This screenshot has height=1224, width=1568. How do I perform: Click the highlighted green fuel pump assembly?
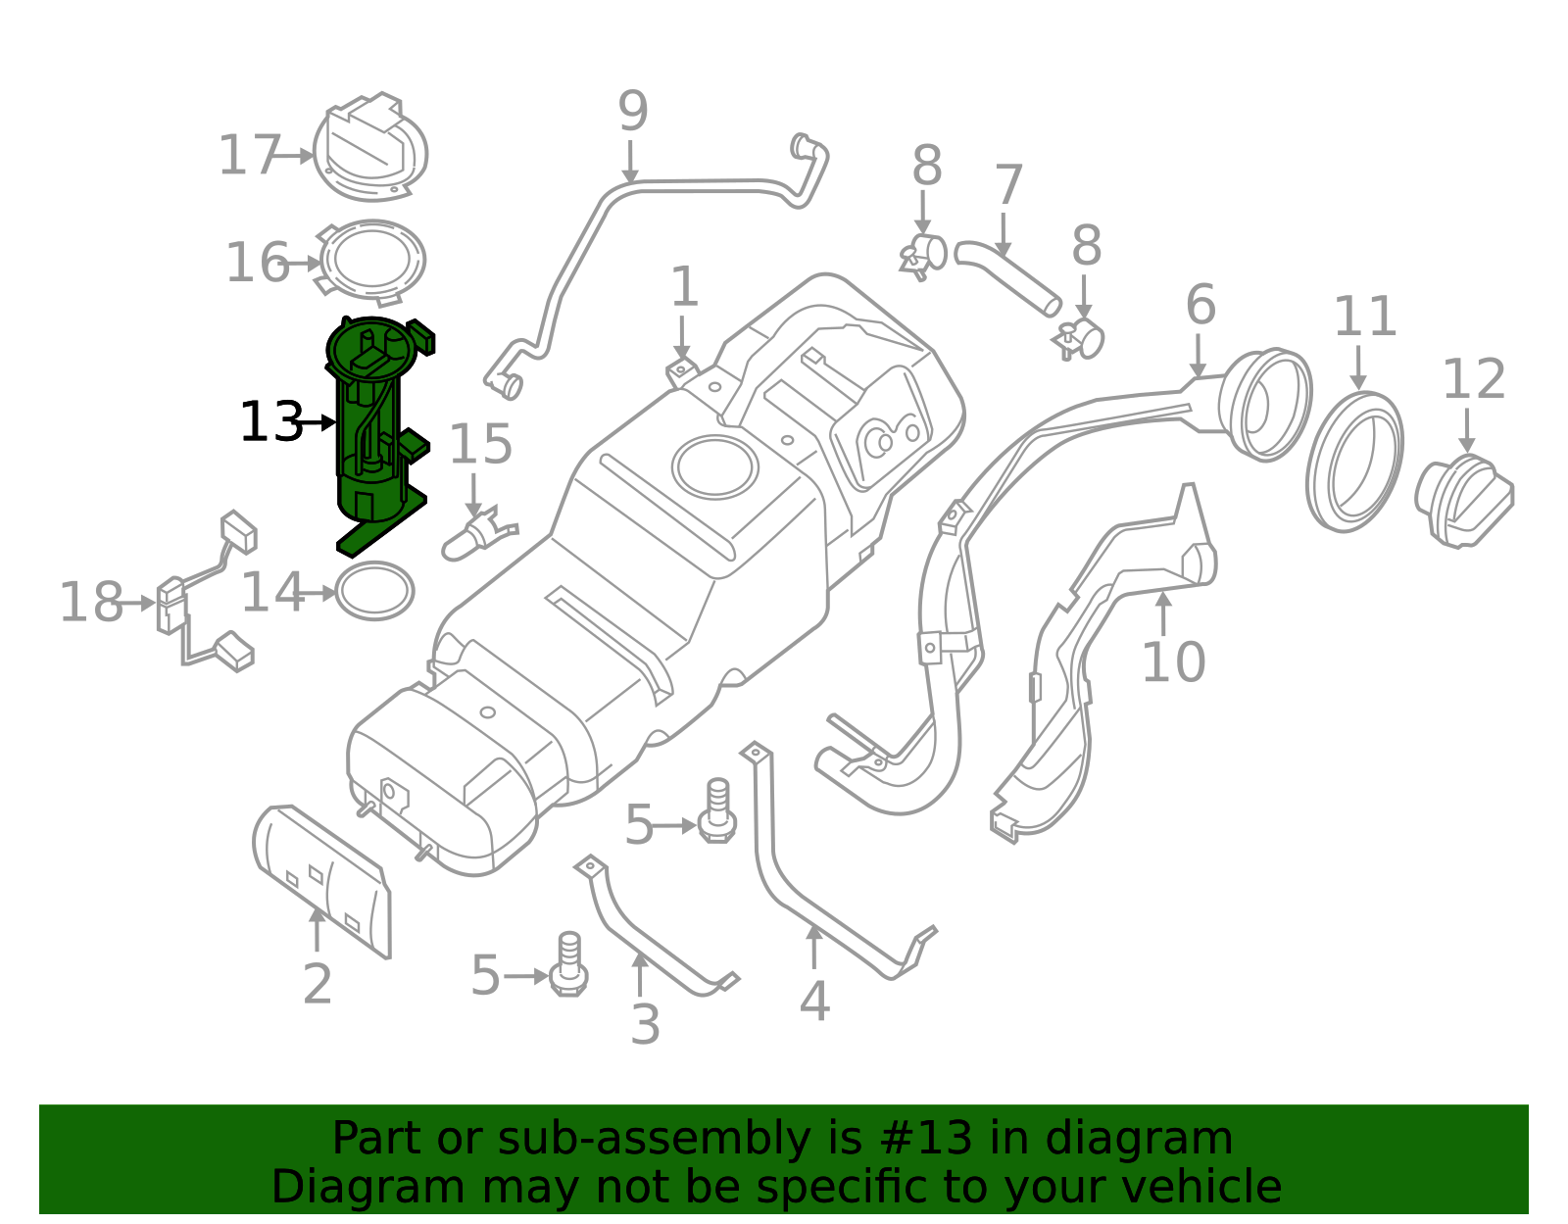(370, 431)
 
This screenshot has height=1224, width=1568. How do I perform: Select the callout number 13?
(270, 423)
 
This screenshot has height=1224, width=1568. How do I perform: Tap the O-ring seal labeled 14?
(374, 591)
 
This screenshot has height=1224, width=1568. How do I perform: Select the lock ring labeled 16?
(372, 260)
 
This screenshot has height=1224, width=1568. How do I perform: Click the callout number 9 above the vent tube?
(632, 112)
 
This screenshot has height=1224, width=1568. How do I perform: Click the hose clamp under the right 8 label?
(1080, 339)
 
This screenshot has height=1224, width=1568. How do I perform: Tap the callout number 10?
(1172, 663)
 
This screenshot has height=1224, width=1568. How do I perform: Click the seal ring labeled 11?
(1354, 462)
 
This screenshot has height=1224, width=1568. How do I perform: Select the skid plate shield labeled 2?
(323, 877)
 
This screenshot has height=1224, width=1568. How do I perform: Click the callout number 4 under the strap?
(813, 1002)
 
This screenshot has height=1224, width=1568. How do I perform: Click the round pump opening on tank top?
(714, 467)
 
